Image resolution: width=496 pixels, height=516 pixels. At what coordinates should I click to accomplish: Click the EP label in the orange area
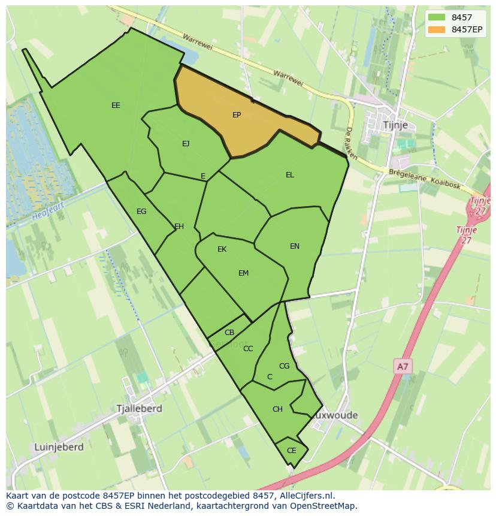(x=237, y=114)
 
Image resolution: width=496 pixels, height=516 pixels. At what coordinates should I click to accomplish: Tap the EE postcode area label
(x=116, y=105)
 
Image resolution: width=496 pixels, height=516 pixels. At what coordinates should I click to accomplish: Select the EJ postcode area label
(x=186, y=143)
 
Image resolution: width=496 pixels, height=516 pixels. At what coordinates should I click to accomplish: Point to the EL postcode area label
(x=290, y=175)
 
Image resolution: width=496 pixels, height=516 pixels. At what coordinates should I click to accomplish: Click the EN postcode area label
(x=295, y=246)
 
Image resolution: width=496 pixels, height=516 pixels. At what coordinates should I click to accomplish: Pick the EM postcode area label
(x=243, y=273)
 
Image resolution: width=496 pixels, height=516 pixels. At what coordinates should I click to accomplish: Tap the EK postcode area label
(x=222, y=249)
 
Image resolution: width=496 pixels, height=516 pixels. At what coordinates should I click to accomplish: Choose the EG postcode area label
(x=141, y=212)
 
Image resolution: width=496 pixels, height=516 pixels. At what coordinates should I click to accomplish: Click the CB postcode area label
(x=229, y=333)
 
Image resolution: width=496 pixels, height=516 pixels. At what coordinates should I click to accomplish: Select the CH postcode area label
(x=277, y=409)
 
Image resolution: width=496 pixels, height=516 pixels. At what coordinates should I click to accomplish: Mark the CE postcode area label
(x=292, y=451)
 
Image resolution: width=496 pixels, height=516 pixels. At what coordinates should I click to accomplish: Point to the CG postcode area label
(x=285, y=366)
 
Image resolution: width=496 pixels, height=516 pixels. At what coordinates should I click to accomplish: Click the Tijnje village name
(x=395, y=125)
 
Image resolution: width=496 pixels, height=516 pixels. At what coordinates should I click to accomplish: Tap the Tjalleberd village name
(x=140, y=409)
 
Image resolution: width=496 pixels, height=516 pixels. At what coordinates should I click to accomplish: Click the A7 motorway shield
(x=403, y=366)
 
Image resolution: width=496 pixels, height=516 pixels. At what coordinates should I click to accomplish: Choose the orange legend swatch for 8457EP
(x=437, y=29)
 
